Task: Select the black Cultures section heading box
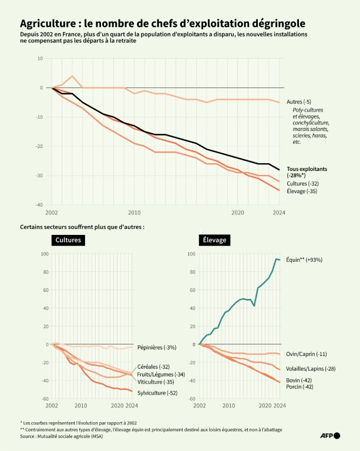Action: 68,240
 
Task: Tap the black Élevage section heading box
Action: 214,240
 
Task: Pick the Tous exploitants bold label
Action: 307,169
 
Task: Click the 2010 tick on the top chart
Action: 134,213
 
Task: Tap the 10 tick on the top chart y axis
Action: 40,58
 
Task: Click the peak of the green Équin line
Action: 276,258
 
